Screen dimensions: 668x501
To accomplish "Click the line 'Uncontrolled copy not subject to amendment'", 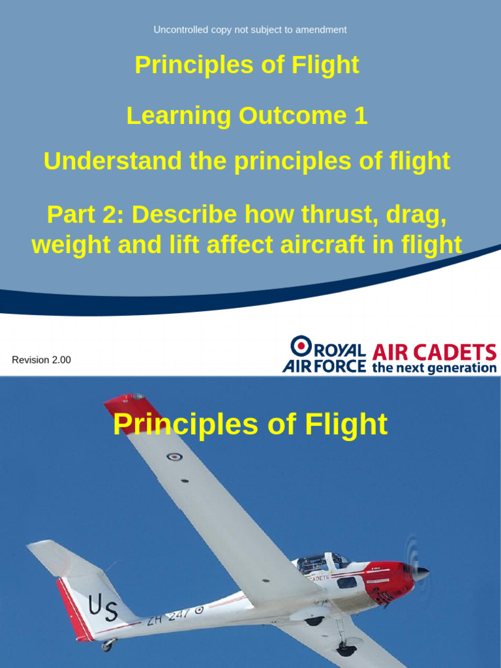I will pos(250,29).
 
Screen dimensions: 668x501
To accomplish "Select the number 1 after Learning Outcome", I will pos(360,116).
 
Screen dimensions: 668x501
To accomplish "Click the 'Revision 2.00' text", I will pos(41,360).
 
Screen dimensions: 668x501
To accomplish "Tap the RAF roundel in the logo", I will pos(301,346).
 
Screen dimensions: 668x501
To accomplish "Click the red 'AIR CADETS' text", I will pos(434,353).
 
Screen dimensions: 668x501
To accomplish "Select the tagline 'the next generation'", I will pos(434,368).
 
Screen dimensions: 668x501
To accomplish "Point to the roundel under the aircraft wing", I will pos(174,457).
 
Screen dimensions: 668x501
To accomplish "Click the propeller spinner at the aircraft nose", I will pos(421,573).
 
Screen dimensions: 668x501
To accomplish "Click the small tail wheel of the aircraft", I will pos(106,646).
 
